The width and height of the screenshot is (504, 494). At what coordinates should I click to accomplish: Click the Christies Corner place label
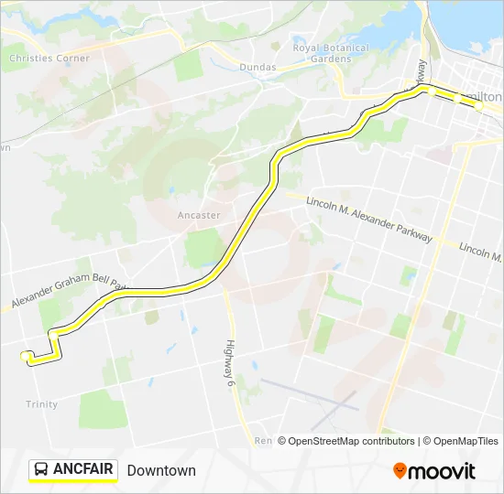[49, 58]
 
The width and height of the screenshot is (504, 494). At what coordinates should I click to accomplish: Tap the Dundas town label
[257, 67]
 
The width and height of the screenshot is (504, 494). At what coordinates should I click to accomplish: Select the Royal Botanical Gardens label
[331, 53]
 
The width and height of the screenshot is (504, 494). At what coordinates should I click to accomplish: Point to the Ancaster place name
[199, 215]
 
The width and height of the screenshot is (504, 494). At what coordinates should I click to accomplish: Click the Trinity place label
[42, 404]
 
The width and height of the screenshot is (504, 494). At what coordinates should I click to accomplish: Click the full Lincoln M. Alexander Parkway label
[368, 219]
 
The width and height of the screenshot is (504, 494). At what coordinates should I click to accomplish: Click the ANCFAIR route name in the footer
[83, 470]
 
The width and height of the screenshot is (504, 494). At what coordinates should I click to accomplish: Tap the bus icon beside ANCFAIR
[41, 470]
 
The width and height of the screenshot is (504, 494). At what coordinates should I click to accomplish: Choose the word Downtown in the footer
[161, 470]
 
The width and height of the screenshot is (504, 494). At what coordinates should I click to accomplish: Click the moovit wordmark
[443, 471]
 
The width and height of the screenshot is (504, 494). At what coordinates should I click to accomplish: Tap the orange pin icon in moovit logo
[400, 470]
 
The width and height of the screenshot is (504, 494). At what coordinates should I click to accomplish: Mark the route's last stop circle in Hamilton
[478, 106]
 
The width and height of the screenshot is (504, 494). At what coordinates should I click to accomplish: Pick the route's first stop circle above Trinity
[25, 356]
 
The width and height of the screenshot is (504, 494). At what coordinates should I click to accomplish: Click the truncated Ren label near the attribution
[263, 441]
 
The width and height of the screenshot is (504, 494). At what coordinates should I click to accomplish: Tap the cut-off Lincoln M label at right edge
[480, 249]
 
